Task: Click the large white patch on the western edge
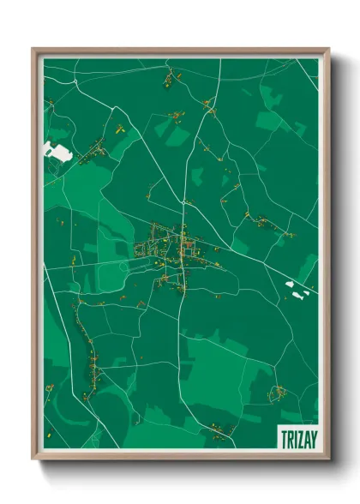point(57,152)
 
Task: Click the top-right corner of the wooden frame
point(328,50)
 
